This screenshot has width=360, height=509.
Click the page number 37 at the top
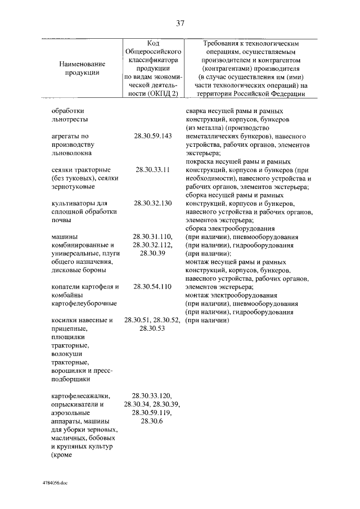(180, 23)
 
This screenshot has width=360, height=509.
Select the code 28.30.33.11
(152, 169)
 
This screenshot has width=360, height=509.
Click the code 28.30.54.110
(152, 286)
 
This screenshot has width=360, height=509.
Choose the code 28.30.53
(152, 328)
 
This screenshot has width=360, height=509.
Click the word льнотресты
(69, 119)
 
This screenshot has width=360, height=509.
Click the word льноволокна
(71, 152)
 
